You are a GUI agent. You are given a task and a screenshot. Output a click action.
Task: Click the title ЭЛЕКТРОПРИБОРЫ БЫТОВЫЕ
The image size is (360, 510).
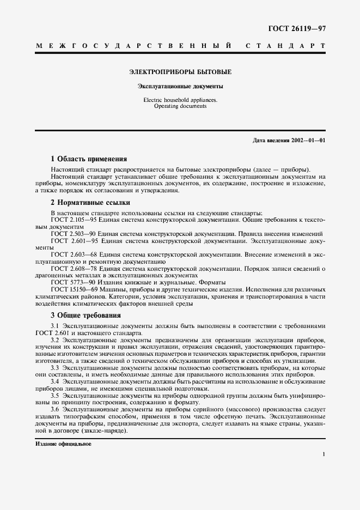click(x=180, y=72)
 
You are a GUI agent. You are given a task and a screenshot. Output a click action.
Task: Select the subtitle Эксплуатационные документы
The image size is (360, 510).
click(x=180, y=86)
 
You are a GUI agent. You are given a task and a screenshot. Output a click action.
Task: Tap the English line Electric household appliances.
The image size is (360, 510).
click(x=180, y=100)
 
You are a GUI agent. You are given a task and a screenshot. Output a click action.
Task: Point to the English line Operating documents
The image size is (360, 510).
click(x=180, y=106)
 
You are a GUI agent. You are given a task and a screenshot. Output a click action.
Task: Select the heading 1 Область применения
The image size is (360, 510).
click(x=89, y=159)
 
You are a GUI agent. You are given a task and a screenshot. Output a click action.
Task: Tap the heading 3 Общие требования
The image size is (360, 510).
click(x=86, y=315)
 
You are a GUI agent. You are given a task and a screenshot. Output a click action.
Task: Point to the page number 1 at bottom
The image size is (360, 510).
click(x=324, y=454)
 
